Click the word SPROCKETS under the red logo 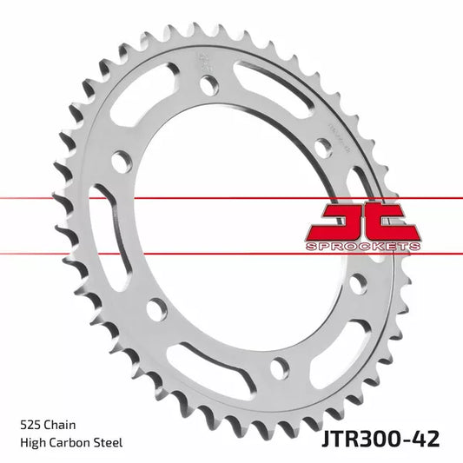pos(364,247)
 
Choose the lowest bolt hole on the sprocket pos(278,367)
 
